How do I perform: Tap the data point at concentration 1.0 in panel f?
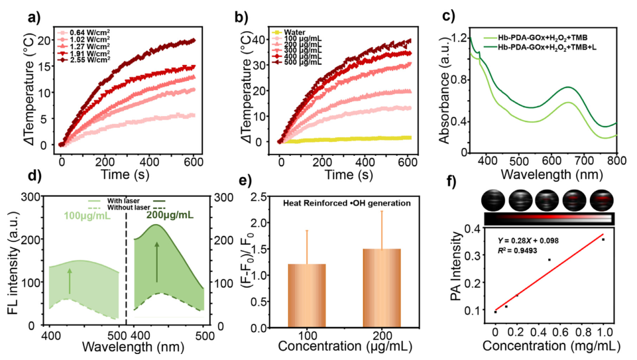coord(603,239)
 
